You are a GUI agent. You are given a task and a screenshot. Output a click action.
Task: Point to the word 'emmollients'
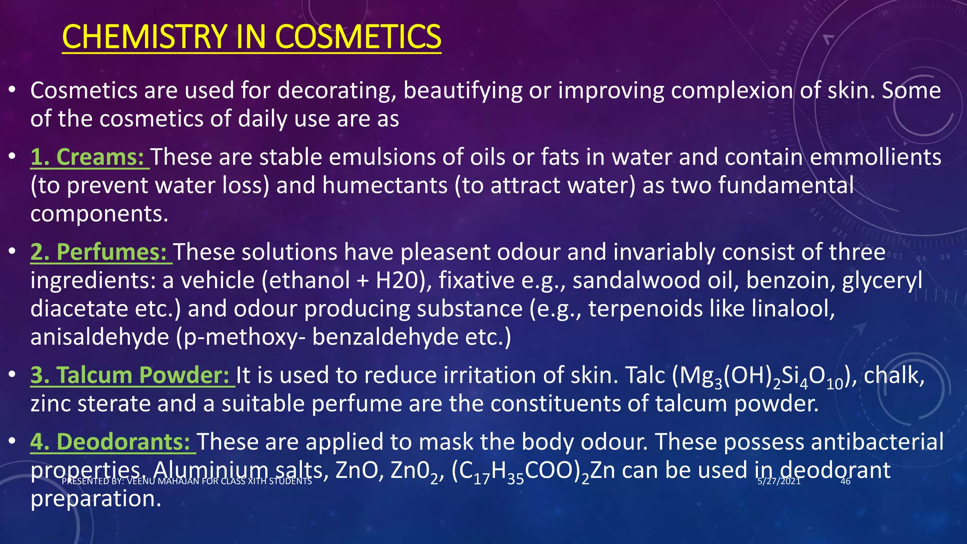pos(876,157)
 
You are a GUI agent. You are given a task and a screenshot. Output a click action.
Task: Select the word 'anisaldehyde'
pos(100,337)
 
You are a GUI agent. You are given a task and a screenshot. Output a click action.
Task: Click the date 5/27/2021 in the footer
pos(779,481)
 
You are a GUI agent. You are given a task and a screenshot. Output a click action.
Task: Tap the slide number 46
pos(845,481)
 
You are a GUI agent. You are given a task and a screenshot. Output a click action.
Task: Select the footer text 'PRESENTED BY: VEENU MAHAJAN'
pos(187,481)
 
